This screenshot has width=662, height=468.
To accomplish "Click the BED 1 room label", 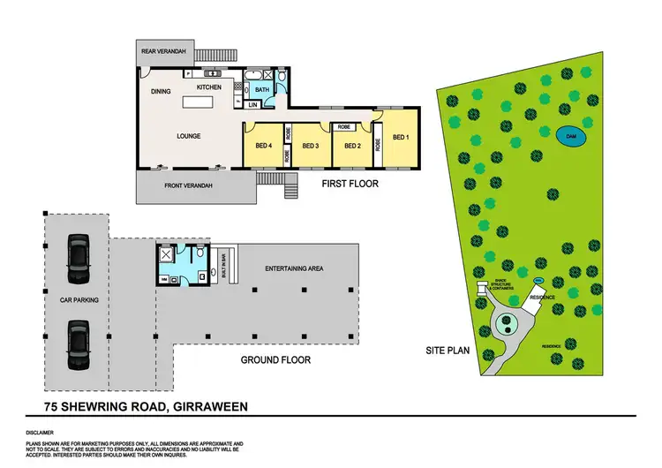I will point(402,137).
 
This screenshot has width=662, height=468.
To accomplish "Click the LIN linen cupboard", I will point(252,105).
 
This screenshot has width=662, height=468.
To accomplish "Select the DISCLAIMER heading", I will point(39,434).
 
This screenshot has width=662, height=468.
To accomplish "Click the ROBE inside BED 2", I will point(345,127).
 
